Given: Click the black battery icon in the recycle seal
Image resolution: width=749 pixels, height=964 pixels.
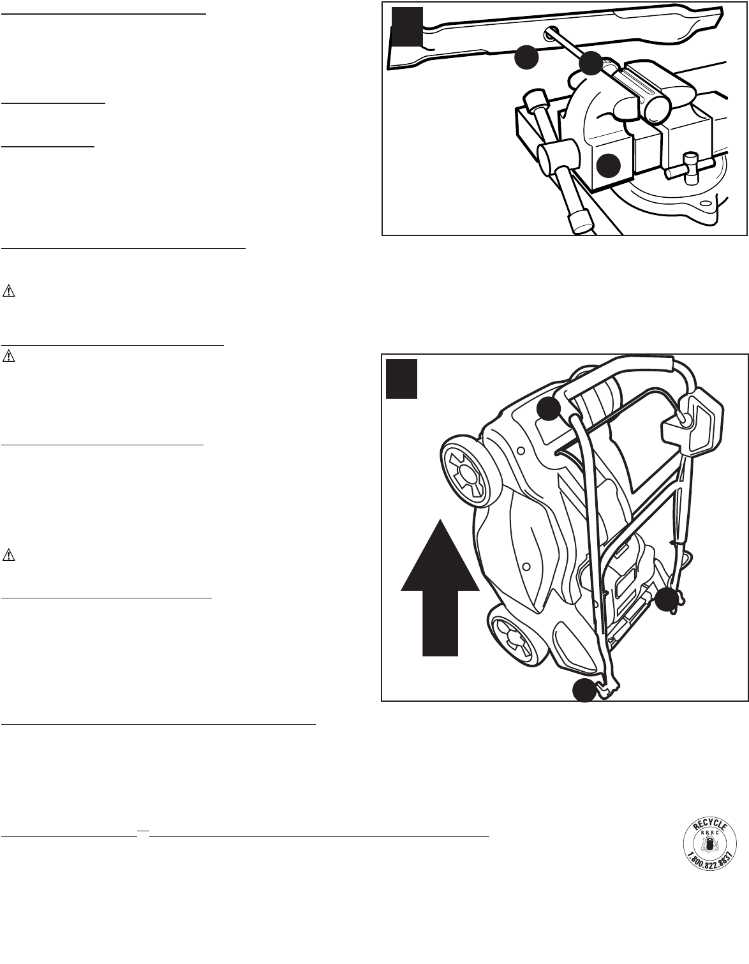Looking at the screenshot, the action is (x=707, y=845).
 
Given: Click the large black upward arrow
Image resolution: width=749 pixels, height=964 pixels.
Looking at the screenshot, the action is (x=440, y=587).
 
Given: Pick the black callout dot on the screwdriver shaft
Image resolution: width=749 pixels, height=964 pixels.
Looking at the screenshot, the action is (x=590, y=63).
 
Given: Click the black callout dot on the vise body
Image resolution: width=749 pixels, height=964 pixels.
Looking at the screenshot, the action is (x=609, y=165).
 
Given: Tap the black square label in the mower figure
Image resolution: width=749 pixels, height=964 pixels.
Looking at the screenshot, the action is (x=402, y=379).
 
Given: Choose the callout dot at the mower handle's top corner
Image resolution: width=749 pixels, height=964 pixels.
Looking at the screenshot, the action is (x=549, y=408).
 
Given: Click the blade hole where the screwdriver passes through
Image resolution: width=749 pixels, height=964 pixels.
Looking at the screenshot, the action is (x=551, y=33).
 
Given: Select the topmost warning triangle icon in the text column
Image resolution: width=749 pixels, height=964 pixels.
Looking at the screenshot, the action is (x=8, y=292).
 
